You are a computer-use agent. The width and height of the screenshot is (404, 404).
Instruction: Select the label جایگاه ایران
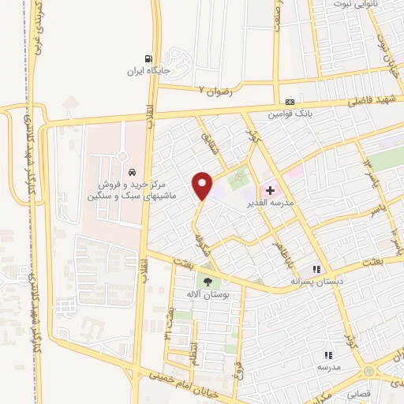click(148, 70)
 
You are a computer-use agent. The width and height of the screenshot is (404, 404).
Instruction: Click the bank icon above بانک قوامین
click(290, 103)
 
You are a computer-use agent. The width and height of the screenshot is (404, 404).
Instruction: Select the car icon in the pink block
click(132, 172)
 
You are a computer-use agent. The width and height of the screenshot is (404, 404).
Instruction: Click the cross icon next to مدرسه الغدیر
click(271, 190)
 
